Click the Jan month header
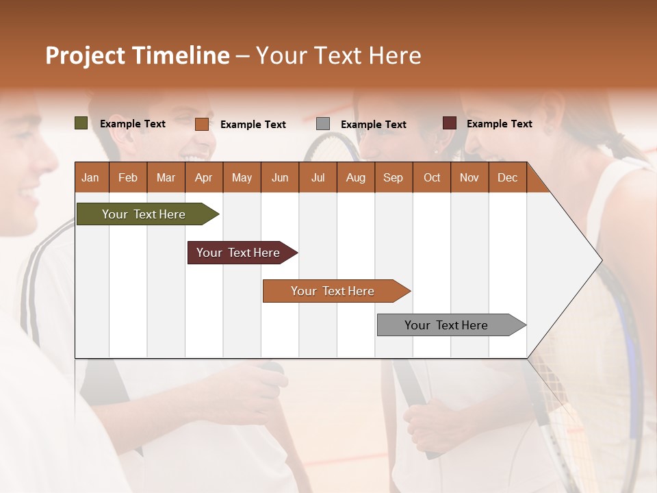click(x=91, y=177)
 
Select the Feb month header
click(x=128, y=177)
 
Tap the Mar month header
click(x=166, y=177)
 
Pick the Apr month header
click(x=204, y=177)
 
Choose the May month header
click(x=242, y=177)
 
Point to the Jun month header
click(x=280, y=177)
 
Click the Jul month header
click(x=318, y=177)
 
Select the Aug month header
click(x=356, y=177)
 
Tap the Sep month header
click(x=394, y=177)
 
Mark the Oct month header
click(x=432, y=177)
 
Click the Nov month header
click(x=469, y=177)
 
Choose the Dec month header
click(x=508, y=177)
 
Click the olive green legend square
click(x=81, y=123)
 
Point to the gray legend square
click(x=323, y=124)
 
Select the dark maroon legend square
click(x=449, y=123)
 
